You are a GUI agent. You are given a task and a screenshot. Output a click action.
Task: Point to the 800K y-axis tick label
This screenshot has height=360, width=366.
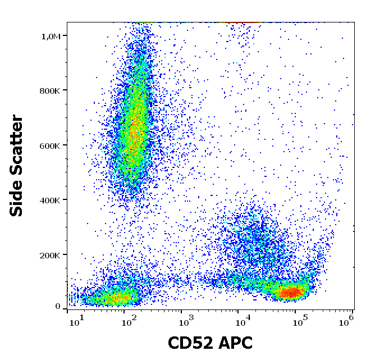(50, 90)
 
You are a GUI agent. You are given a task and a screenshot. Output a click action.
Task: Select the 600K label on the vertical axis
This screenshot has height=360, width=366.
(50, 145)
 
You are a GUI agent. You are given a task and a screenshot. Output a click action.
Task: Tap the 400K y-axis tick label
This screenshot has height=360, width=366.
(50, 200)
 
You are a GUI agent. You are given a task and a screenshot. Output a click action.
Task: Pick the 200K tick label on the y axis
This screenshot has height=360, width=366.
(50, 255)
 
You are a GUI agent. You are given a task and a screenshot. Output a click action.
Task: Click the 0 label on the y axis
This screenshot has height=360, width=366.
(57, 306)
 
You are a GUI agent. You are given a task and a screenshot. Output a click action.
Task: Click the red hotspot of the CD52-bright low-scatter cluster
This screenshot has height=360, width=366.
(292, 292)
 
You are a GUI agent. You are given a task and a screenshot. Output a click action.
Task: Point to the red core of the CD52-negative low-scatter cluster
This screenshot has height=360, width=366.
(115, 297)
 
